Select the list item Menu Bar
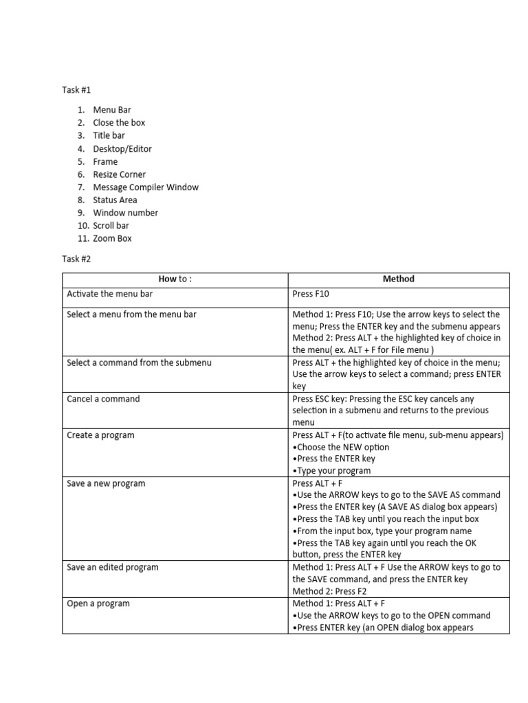tap(111, 110)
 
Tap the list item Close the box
tap(119, 123)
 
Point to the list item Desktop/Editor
tap(122, 149)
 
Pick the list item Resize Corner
tap(119, 174)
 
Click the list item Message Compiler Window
tap(146, 187)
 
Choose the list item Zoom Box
tap(112, 239)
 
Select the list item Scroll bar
tap(111, 226)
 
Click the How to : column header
tap(175, 279)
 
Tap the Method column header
tap(398, 279)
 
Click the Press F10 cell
tap(311, 294)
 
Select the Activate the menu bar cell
tap(109, 294)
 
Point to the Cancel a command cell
tap(103, 399)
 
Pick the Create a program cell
tap(100, 435)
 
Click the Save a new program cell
tap(106, 483)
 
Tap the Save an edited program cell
tap(113, 567)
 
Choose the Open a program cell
tap(98, 603)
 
